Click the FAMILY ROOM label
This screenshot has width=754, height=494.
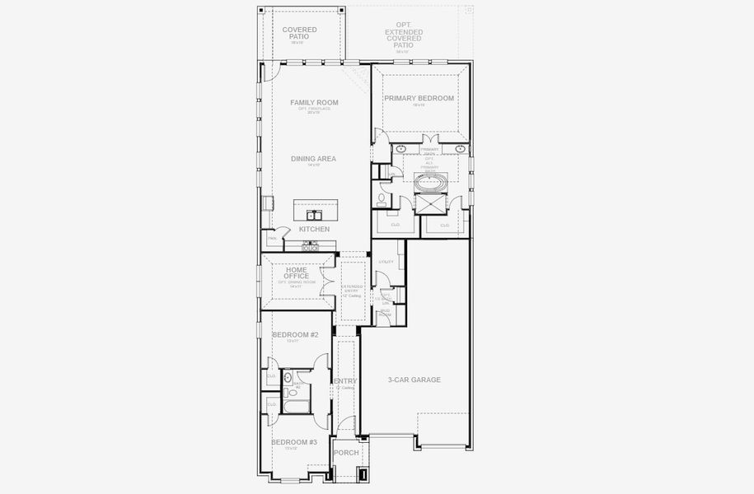click(x=314, y=103)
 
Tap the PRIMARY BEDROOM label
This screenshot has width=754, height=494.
click(x=419, y=98)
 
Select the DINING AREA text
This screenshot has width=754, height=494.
click(x=313, y=159)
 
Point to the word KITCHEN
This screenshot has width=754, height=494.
click(x=314, y=229)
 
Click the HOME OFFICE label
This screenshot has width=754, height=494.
click(x=297, y=273)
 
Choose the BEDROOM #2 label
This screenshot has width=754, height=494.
click(x=295, y=334)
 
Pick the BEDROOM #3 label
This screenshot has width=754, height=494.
click(x=295, y=442)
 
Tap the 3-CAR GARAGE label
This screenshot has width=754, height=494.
click(x=414, y=380)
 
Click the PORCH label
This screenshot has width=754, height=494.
click(x=346, y=452)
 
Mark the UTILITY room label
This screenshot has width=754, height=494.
click(x=386, y=262)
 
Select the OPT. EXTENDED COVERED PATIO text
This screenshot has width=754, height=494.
click(x=404, y=38)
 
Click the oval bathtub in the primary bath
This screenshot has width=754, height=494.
click(x=429, y=182)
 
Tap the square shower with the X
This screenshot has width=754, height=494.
click(x=429, y=203)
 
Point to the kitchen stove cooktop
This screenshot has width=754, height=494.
click(x=311, y=245)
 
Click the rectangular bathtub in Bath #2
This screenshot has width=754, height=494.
click(x=294, y=406)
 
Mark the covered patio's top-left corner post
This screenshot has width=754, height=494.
click(x=263, y=10)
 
